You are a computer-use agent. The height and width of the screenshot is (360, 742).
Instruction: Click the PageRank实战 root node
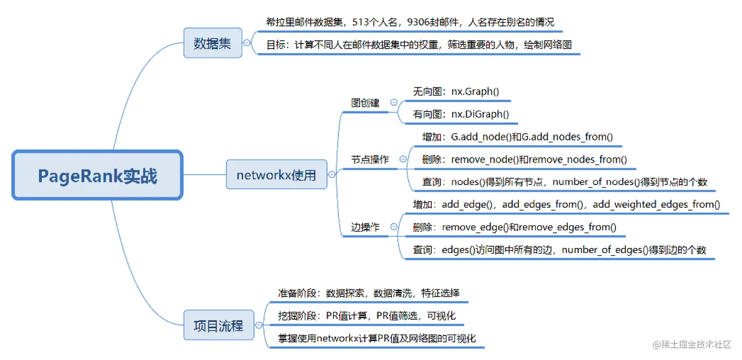click(x=97, y=176)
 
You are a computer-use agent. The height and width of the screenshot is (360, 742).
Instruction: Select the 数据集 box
click(x=212, y=43)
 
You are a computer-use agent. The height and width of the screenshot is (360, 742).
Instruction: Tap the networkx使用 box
click(x=276, y=175)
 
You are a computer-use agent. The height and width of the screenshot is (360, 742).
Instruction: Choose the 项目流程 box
click(x=218, y=325)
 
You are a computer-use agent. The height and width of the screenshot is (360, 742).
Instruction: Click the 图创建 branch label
click(x=365, y=103)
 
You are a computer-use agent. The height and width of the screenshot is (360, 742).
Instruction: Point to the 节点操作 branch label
click(x=370, y=159)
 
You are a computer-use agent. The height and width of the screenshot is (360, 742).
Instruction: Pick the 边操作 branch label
click(x=365, y=227)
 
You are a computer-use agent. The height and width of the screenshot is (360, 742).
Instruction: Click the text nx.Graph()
click(x=475, y=91)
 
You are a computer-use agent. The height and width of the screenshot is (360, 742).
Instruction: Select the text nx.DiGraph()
click(x=480, y=114)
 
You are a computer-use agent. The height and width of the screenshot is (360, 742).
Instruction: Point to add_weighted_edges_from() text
click(x=656, y=205)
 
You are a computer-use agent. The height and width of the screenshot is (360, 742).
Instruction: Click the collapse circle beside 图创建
click(x=394, y=103)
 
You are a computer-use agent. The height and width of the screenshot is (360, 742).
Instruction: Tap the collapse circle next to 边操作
click(x=394, y=227)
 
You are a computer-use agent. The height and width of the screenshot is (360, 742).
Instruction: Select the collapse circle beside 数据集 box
click(x=247, y=43)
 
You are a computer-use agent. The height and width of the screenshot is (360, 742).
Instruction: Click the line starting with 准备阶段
click(x=369, y=293)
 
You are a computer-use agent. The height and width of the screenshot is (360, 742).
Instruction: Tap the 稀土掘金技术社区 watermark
click(x=692, y=344)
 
